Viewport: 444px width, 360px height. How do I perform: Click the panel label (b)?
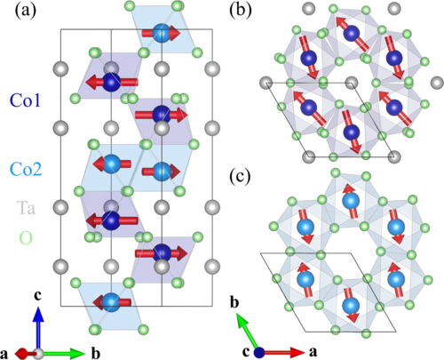242,12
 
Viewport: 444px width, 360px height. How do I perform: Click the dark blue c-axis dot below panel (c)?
258,352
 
